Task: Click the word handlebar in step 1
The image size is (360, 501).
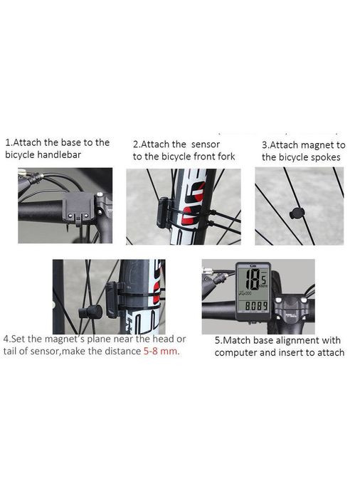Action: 59,154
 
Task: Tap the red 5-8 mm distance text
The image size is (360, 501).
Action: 160,351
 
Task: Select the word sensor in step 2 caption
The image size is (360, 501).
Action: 206,144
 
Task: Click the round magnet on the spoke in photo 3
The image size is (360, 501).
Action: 296,213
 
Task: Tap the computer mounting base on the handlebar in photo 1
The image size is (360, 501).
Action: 78,209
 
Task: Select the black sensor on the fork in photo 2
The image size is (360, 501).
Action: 164,213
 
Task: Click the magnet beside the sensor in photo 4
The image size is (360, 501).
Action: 90,311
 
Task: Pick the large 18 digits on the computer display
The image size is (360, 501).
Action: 250,279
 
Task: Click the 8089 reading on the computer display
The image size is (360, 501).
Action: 256,306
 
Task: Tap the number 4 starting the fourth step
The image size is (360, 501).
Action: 6,339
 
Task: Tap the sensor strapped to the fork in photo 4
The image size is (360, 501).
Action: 113,300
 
